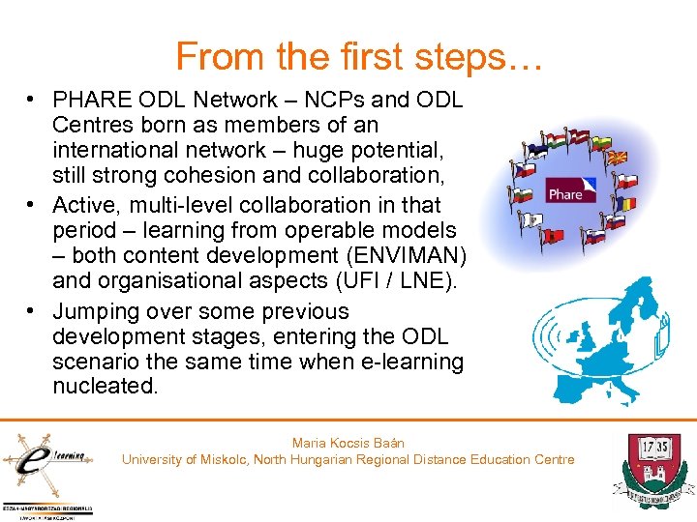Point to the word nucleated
point(106,387)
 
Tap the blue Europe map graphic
point(610,338)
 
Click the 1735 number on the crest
point(648,448)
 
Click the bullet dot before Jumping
point(32,311)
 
